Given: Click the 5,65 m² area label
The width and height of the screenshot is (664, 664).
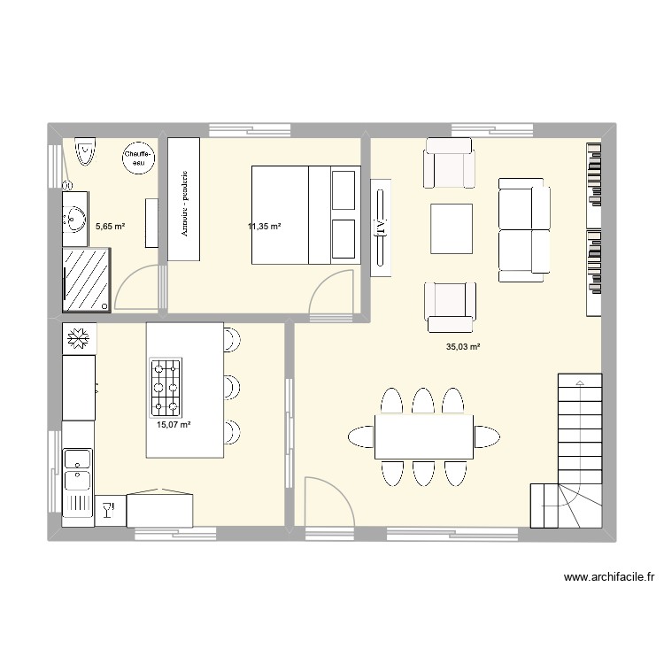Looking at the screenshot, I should [110, 227].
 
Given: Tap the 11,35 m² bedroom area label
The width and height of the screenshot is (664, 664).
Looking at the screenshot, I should [265, 227].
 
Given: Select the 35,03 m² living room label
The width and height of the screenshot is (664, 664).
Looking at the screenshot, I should [462, 348].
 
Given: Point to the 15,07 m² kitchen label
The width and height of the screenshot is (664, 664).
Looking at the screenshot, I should [174, 426].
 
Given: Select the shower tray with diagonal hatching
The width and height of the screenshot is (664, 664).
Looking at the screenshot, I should [88, 279].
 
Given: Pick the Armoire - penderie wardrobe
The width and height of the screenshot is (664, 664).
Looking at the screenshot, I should [185, 199].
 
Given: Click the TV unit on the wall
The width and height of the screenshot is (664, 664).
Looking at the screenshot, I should [380, 228].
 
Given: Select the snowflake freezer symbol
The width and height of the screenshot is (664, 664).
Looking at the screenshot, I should [78, 338].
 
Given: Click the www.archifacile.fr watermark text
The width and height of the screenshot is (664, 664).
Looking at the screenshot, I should [610, 578].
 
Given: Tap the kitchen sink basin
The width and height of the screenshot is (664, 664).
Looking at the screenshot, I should [77, 459].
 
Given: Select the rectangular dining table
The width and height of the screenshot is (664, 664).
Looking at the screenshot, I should [423, 436].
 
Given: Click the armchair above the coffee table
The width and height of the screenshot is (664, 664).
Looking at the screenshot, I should [449, 164].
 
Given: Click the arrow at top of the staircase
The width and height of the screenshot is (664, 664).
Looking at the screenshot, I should [579, 382].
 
